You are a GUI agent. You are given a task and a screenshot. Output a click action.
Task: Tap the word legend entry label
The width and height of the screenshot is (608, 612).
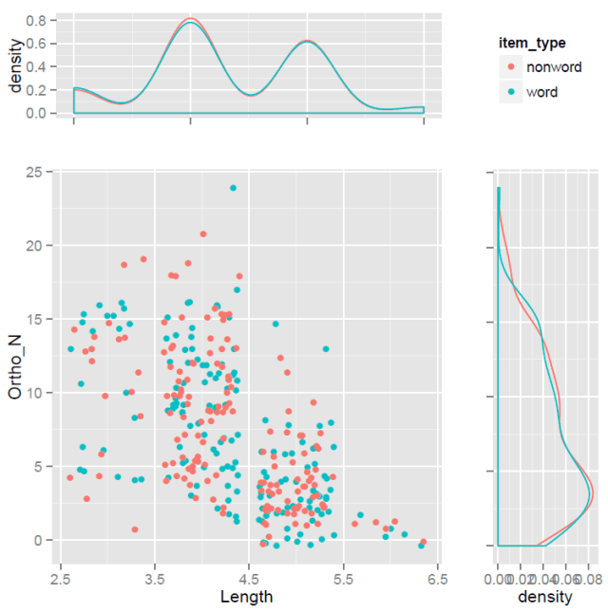click(541, 92)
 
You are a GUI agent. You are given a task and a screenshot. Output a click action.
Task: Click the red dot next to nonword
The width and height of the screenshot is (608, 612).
click(511, 66)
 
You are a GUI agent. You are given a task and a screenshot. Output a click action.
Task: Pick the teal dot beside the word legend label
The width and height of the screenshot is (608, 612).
click(511, 92)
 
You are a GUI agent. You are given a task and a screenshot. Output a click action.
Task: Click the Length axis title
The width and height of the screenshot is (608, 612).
click(246, 597)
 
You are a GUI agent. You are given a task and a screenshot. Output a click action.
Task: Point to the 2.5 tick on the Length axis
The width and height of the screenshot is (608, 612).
click(61, 576)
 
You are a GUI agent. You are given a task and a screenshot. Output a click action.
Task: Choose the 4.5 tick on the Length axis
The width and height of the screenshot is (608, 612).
click(249, 576)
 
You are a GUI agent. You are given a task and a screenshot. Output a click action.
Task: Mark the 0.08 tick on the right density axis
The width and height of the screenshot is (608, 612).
click(589, 576)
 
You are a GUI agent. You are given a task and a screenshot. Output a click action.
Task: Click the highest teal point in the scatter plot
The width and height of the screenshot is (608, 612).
click(232, 188)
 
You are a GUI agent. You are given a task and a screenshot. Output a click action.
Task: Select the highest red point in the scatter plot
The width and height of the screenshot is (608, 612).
click(203, 233)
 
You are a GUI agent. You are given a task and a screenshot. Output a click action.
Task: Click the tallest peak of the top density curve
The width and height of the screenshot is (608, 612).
click(191, 20)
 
